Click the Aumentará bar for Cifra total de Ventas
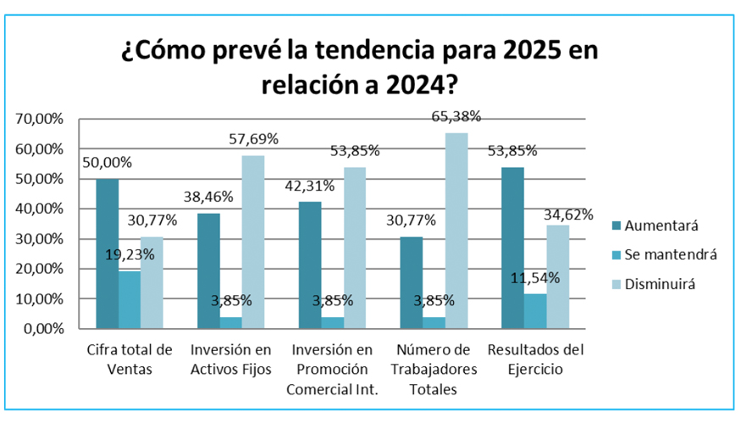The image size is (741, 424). pos(107,254)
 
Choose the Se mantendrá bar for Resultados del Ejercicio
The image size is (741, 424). pos(534,311)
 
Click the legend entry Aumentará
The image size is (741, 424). pos(661,226)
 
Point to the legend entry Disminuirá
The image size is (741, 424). pos(661,284)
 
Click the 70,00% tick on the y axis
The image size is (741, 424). pos(40,120)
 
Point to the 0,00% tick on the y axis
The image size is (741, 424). pos(43,329)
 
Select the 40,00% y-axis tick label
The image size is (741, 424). pos(40,209)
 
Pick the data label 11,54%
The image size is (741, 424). pos(534,277)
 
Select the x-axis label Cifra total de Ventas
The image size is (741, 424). pos(129,360)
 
